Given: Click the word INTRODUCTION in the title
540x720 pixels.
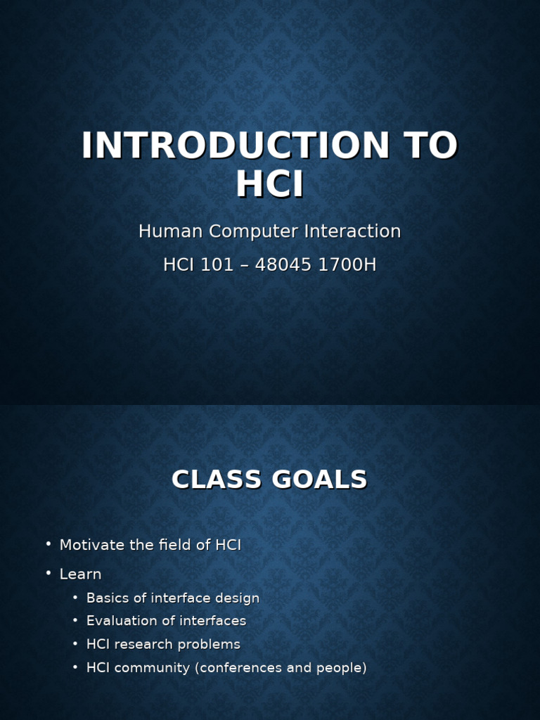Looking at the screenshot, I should [236, 146].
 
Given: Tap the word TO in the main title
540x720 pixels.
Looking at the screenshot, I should [430, 146].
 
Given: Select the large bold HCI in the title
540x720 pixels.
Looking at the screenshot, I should [270, 184].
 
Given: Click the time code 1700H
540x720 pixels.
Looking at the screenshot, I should [350, 265].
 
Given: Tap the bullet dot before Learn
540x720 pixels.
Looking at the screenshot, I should [49, 573].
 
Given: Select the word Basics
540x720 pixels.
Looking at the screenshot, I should [106, 598].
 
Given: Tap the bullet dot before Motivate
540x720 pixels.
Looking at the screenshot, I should [49, 544].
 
